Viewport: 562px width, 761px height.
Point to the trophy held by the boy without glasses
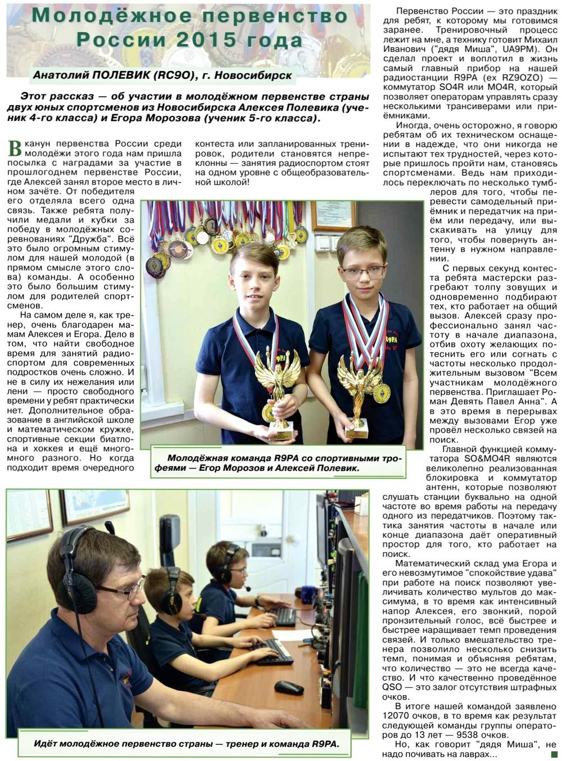[278, 388]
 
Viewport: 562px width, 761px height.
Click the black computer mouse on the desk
[289, 687]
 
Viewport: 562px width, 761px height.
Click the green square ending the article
[554, 754]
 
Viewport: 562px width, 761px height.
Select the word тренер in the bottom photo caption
[244, 744]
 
